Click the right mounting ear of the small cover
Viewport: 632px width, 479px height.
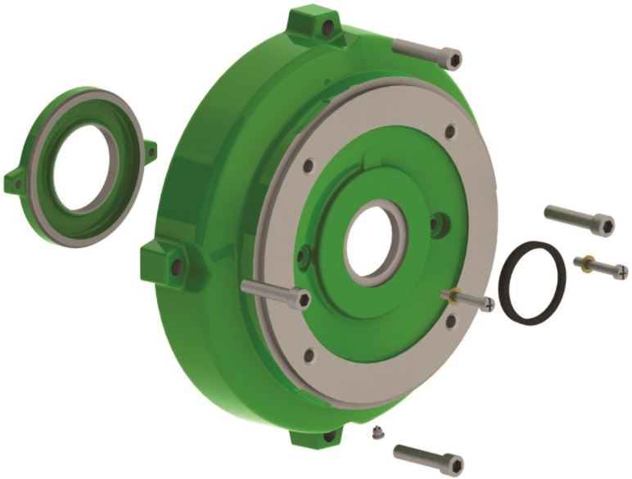tap(151, 150)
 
